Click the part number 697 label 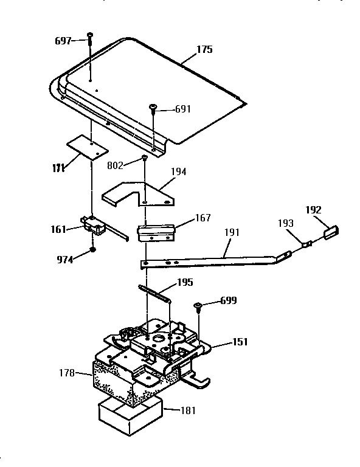tap(63, 41)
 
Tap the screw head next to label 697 tap(90, 35)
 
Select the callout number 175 tap(204, 49)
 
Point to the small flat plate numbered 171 tap(87, 148)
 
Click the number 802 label tap(115, 165)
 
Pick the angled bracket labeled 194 tap(138, 194)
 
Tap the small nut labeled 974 tap(93, 249)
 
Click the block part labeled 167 tap(156, 233)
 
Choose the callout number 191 tap(232, 232)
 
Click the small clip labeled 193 tap(306, 244)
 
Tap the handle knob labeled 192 tap(331, 232)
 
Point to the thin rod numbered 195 tap(154, 293)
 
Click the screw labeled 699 tap(198, 307)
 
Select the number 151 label tap(240, 342)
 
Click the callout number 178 tap(67, 373)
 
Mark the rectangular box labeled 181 tap(131, 418)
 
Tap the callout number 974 tap(64, 260)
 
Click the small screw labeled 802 tap(145, 157)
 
